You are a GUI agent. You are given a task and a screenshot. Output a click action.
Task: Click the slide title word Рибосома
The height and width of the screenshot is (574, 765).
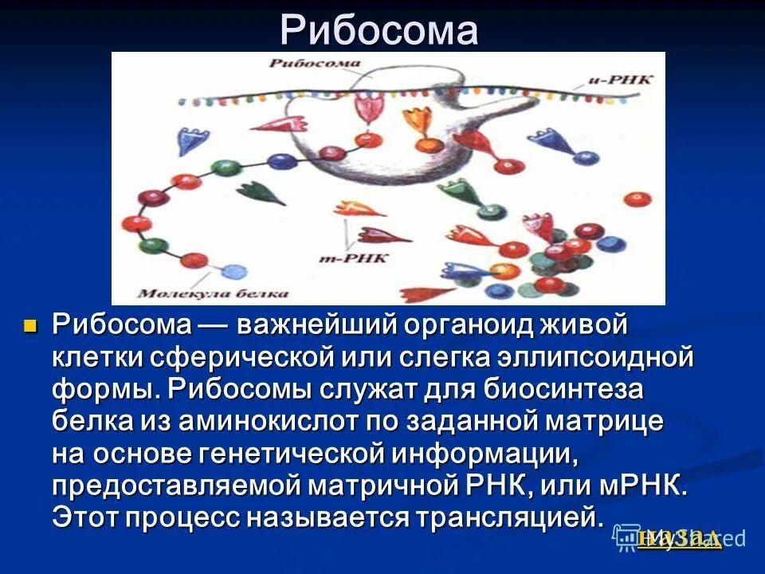coord(379,30)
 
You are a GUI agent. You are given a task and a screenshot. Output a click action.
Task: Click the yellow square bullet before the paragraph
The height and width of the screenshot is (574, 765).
coord(32,325)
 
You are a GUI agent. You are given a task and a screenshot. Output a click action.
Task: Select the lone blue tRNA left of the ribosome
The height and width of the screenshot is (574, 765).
coord(191,140)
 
